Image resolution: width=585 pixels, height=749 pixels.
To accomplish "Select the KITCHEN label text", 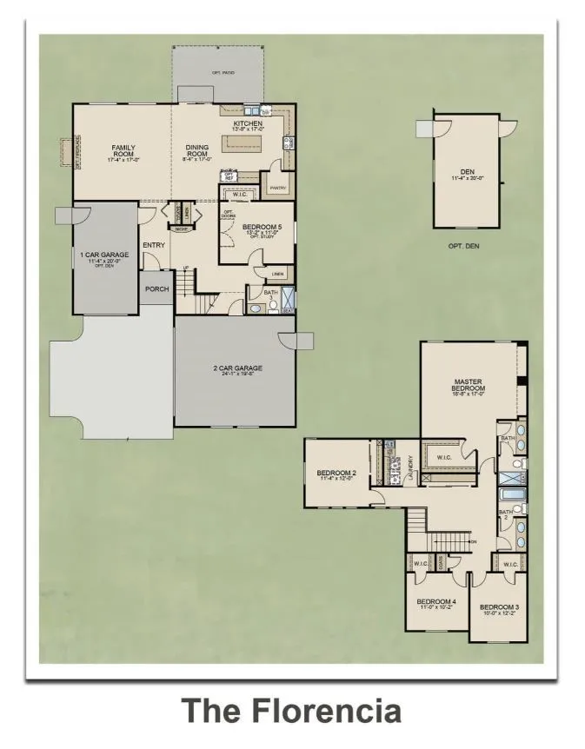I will point(248,124).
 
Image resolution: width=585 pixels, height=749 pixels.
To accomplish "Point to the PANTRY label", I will point(278,188).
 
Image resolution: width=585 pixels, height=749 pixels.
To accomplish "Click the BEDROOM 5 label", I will point(258,228).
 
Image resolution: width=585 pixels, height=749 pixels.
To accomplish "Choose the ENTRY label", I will point(154,245).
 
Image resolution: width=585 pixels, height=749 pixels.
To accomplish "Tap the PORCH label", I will point(156,289).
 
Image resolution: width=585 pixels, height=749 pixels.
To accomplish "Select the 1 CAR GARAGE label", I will point(104,255).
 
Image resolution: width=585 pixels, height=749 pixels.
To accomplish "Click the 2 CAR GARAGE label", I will point(237,368).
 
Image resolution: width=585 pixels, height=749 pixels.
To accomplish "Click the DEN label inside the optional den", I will point(466,173).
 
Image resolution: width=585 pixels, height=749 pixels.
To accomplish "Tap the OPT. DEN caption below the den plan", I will point(466,246).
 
